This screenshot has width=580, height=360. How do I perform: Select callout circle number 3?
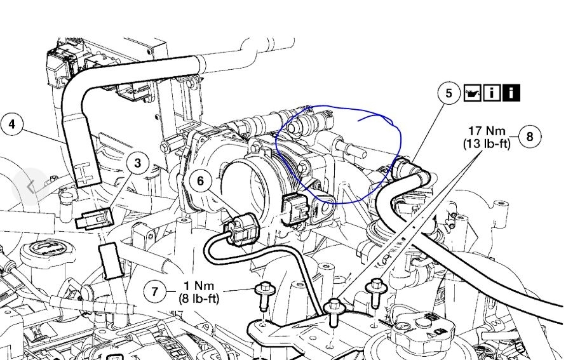138,163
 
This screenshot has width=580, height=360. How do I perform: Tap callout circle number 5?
449,93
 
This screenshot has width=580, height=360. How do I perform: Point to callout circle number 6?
201,181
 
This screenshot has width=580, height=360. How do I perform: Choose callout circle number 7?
154,291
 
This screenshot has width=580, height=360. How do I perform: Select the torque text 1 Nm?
196,286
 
